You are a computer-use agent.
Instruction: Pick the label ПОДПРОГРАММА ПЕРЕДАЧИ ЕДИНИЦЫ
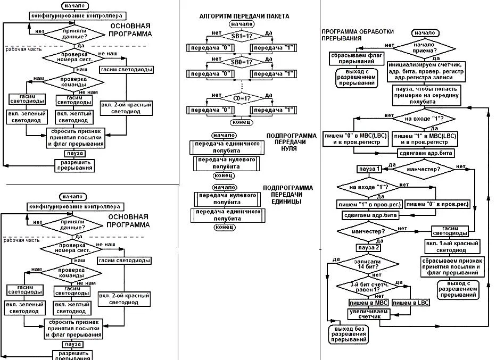click(288, 195)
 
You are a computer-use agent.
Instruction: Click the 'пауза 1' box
click(370, 169)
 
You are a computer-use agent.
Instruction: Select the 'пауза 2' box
click(370, 248)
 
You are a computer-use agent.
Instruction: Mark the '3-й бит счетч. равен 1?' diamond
click(365, 287)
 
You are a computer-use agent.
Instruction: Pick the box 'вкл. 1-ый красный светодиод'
click(452, 246)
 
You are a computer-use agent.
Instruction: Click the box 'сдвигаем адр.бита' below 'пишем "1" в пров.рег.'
click(370, 215)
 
